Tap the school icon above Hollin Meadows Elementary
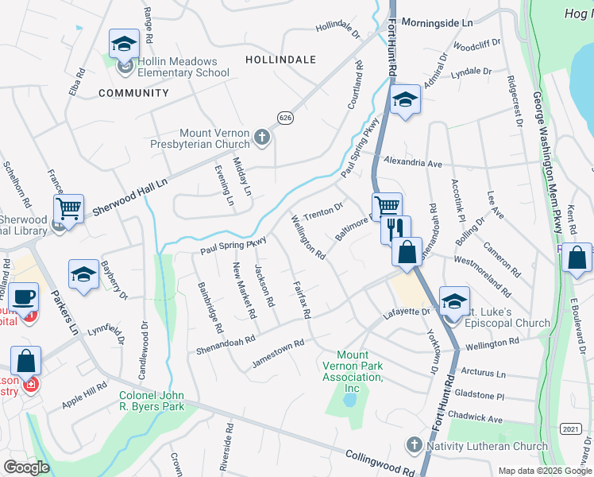point(124,45)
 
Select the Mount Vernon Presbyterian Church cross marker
point(262,138)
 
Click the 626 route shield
point(285,118)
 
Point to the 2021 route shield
point(569,429)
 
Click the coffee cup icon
point(24,297)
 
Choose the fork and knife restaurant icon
point(395,229)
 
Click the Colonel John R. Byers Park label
point(152,401)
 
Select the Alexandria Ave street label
point(412,163)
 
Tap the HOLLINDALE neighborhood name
point(280,60)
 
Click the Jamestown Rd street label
point(278,353)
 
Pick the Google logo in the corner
point(26,467)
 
